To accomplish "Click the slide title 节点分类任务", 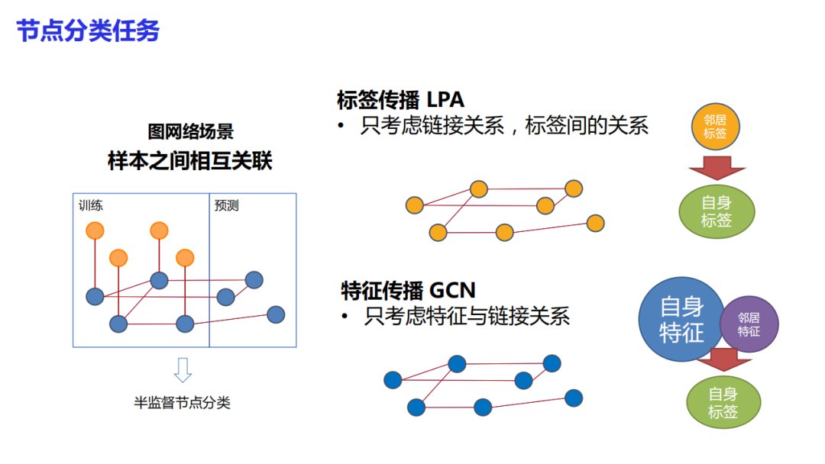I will (88, 31).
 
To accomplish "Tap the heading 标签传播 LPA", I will (400, 100).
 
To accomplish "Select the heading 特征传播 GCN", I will (408, 290).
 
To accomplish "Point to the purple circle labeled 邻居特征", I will (749, 324).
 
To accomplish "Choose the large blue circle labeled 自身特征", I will (681, 319).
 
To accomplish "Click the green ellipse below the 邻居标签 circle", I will (717, 211).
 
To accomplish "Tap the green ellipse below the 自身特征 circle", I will (723, 403).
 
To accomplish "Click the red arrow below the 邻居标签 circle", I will (717, 166).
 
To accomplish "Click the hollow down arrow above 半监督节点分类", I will (183, 369).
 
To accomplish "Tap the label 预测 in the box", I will (227, 205).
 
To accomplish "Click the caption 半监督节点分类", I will (182, 402).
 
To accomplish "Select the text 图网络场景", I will (190, 132).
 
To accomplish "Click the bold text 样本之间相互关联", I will (190, 161).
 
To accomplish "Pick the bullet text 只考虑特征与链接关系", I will (467, 316).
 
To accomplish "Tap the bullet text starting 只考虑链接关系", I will (504, 126).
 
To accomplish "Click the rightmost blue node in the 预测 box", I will (276, 314).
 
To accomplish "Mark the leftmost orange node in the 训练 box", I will (95, 230).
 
